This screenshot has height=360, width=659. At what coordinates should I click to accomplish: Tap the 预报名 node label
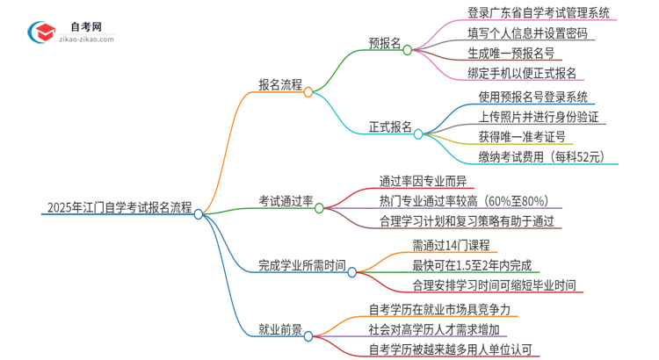click(x=385, y=43)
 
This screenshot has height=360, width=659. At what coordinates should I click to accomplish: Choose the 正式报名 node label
click(x=390, y=126)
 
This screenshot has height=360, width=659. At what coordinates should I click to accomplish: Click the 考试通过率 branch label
click(x=286, y=201)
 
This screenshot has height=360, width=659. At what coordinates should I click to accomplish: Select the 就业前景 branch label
click(x=280, y=330)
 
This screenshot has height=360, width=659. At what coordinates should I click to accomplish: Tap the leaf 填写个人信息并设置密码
click(x=527, y=33)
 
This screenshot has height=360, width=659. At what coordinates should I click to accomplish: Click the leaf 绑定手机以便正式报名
click(x=522, y=74)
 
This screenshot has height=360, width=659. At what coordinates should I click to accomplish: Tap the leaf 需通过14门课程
click(x=451, y=244)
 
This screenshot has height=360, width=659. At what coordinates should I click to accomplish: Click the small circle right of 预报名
click(x=408, y=50)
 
